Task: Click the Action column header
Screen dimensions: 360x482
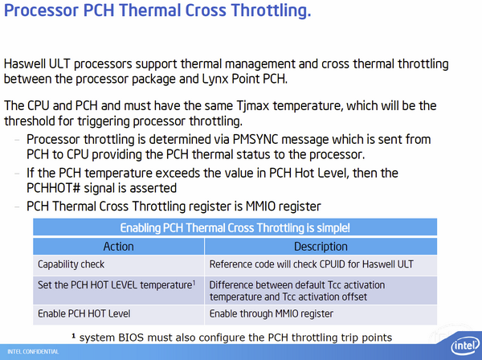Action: click(119, 247)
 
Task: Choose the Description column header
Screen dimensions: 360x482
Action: click(321, 247)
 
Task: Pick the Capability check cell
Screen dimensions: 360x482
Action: click(71, 264)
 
